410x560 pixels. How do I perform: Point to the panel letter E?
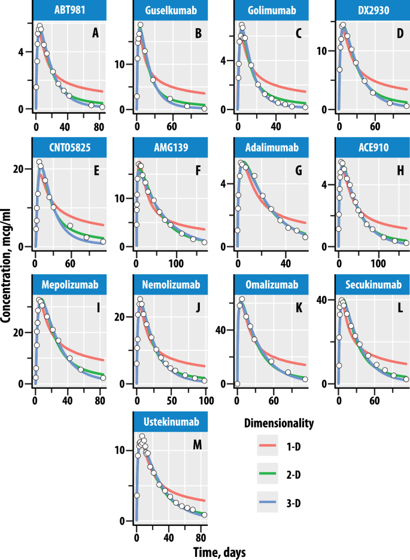point(95,171)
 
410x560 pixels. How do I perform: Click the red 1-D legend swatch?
point(268,447)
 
